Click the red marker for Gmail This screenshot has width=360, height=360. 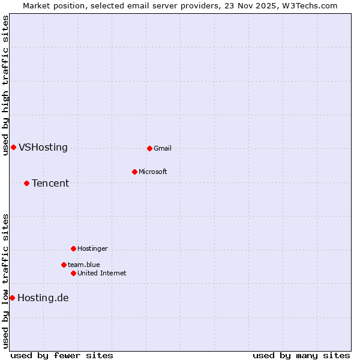pyautogui.click(x=149, y=148)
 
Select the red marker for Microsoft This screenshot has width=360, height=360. pyautogui.click(x=134, y=172)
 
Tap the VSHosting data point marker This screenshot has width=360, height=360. pyautogui.click(x=13, y=148)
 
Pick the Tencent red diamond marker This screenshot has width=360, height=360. pyautogui.click(x=26, y=183)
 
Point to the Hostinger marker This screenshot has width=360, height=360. pyautogui.click(x=73, y=248)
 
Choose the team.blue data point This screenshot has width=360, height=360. pyautogui.click(x=64, y=265)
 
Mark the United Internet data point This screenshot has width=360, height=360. pyautogui.click(x=73, y=273)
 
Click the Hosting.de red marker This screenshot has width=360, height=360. pyautogui.click(x=12, y=298)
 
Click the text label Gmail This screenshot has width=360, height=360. pyautogui.click(x=163, y=148)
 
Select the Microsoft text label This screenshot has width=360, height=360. pyautogui.click(x=153, y=172)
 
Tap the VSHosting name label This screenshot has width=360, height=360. pyautogui.click(x=43, y=148)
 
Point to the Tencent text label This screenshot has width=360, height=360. pyautogui.click(x=50, y=183)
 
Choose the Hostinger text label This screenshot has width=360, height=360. pyautogui.click(x=92, y=248)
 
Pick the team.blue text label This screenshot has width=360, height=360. pyautogui.click(x=84, y=265)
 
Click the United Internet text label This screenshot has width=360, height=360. pyautogui.click(x=102, y=273)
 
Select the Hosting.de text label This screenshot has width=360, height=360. pyautogui.click(x=43, y=298)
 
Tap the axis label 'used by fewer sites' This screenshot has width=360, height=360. pyautogui.click(x=62, y=355)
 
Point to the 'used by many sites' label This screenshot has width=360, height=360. pyautogui.click(x=301, y=355)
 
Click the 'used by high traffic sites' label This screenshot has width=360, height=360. pyautogui.click(x=5, y=86)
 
